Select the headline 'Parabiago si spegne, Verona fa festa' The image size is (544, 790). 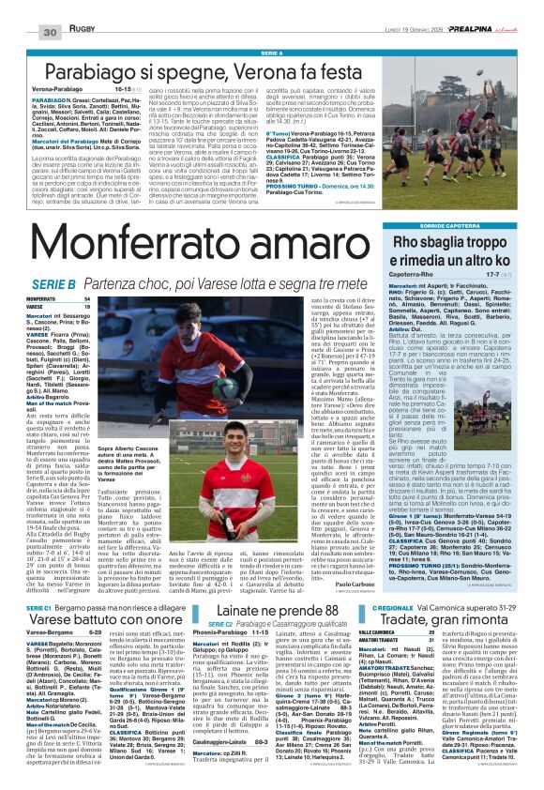pyautogui.click(x=184, y=70)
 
